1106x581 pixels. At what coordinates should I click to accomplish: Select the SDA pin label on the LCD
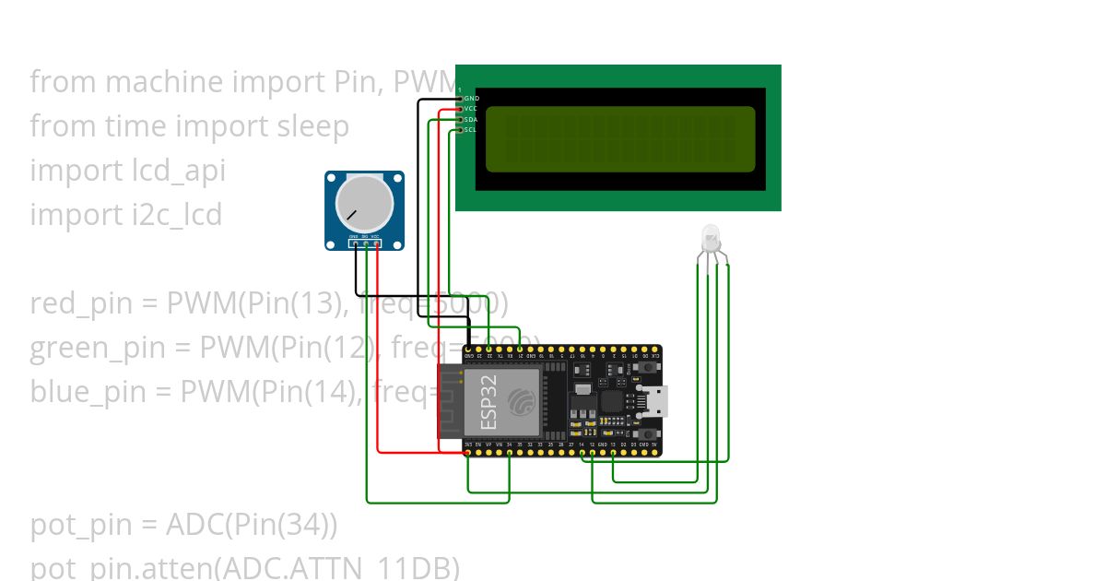471,120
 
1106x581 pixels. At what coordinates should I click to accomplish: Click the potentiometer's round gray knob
363,204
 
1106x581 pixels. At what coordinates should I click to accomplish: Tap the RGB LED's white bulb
711,238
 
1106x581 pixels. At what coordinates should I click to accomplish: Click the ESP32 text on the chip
488,403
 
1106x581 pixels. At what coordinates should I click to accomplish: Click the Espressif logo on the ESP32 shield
523,402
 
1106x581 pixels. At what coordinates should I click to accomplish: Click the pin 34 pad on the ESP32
510,452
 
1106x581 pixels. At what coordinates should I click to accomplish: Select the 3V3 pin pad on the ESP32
468,452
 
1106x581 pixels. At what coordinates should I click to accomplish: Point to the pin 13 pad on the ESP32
613,452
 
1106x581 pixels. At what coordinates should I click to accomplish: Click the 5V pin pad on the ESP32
654,452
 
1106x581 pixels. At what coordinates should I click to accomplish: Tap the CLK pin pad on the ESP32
654,350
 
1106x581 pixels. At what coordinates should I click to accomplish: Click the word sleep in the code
313,125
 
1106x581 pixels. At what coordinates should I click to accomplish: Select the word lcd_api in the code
173,171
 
